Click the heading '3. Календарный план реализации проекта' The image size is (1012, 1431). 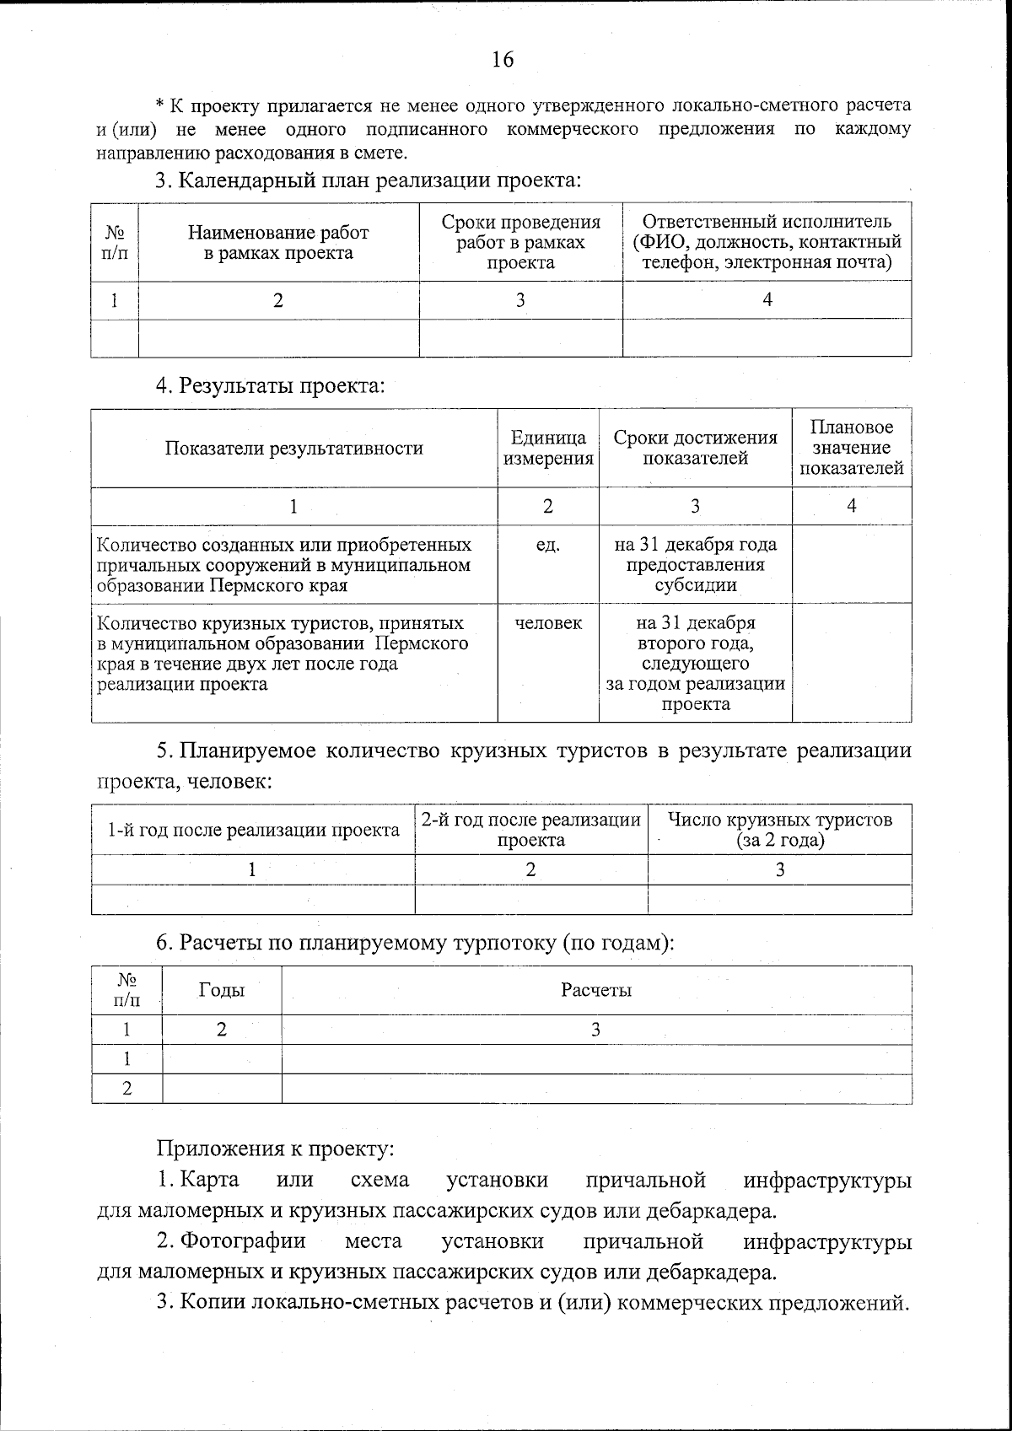click(369, 180)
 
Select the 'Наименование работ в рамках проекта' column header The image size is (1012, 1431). click(278, 242)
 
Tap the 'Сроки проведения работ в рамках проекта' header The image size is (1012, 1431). click(521, 242)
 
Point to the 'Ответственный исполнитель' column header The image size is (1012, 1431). click(767, 242)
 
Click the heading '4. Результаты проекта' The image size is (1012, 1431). click(270, 386)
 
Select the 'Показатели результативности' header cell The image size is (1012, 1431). click(293, 449)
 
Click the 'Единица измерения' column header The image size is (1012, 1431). click(548, 449)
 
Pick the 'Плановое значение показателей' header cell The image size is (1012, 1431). click(851, 449)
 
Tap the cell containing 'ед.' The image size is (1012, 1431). click(548, 546)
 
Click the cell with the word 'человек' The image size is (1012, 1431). click(548, 623)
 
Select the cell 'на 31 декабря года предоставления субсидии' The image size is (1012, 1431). click(695, 565)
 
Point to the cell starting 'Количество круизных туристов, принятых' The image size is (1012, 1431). click(283, 654)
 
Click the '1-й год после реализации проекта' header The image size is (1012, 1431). click(253, 831)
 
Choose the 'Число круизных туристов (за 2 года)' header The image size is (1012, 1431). click(779, 831)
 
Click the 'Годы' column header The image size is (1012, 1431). click(221, 990)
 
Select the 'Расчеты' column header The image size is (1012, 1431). click(596, 990)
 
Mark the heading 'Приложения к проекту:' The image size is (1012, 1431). click(275, 1149)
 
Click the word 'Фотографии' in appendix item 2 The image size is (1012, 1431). click(243, 1241)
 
